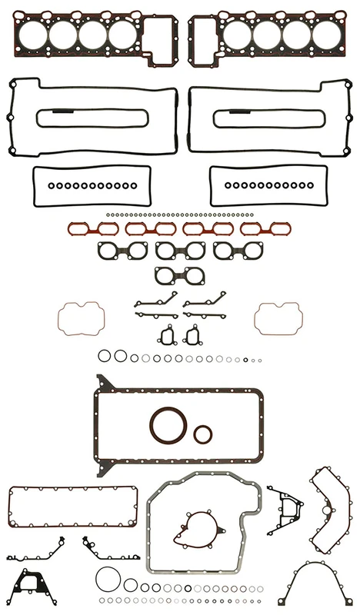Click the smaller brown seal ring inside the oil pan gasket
click(203, 434)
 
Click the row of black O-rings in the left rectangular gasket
click(88, 185)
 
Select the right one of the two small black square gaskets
click(192, 335)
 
